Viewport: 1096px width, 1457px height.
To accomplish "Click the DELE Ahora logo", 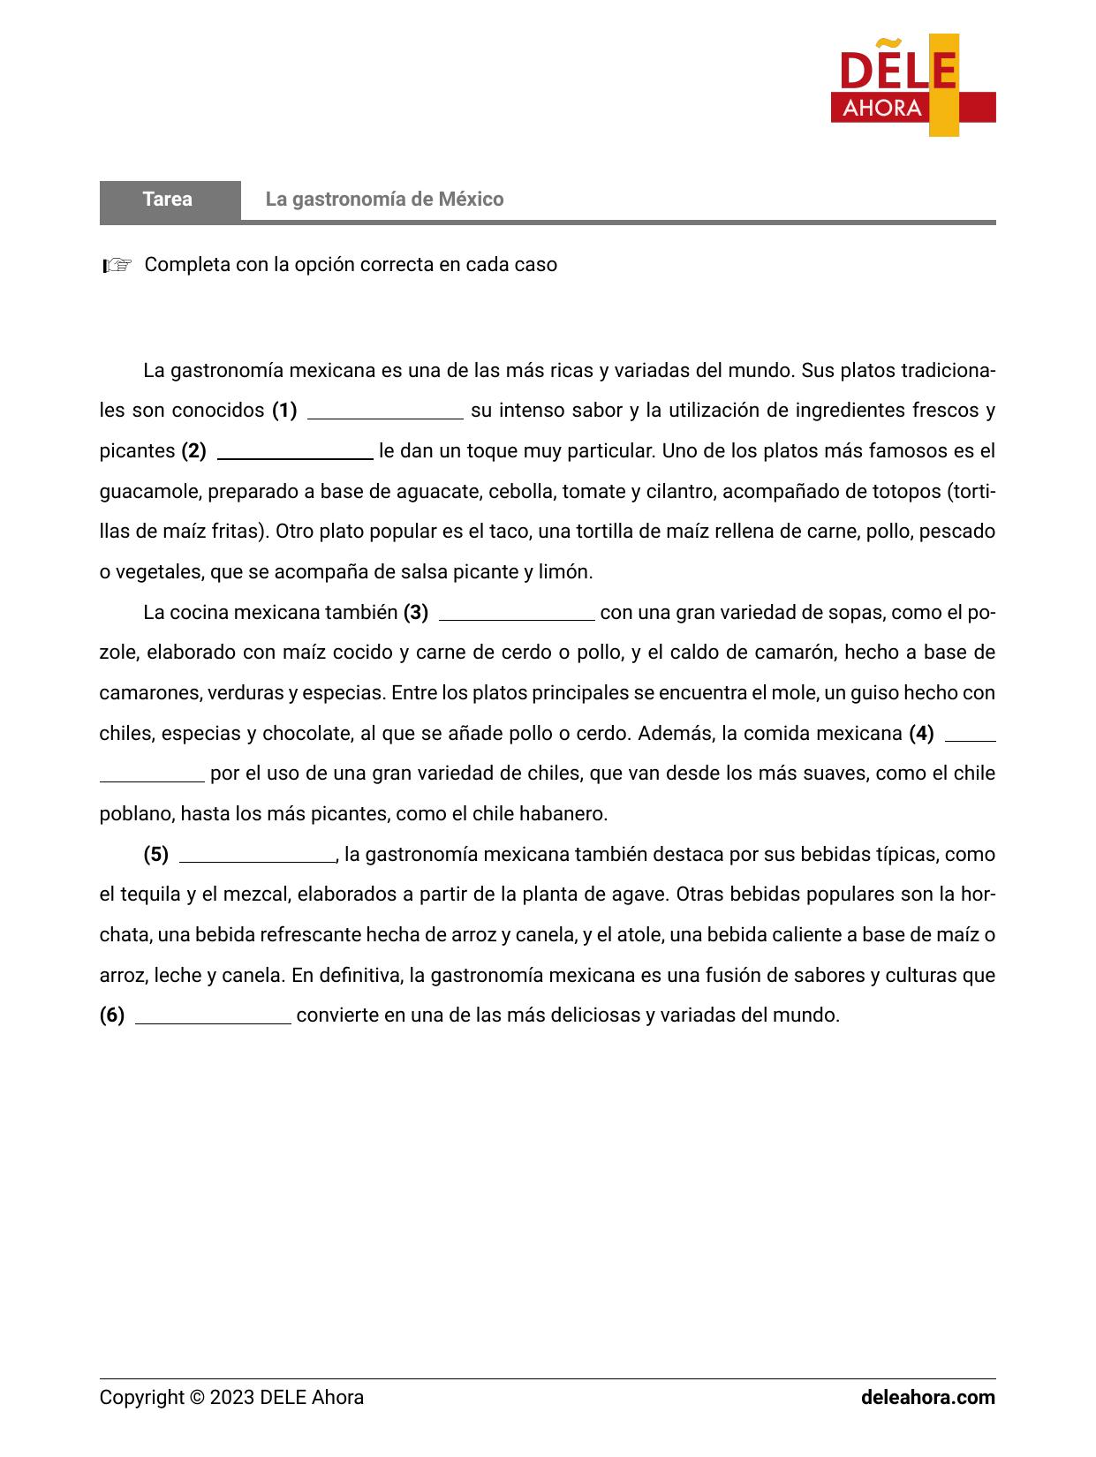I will coord(913,86).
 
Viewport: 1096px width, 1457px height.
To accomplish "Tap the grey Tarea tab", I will coord(169,200).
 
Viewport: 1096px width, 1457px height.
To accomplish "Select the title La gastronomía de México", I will coord(384,200).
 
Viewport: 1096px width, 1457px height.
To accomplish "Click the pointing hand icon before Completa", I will coord(117,265).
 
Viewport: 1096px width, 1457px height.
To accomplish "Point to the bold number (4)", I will coord(921,733).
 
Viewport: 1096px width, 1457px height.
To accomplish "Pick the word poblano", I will coord(137,813).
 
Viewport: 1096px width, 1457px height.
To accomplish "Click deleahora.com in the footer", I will coord(927,1397).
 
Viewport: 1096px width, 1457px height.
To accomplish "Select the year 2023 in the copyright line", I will coord(232,1397).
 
